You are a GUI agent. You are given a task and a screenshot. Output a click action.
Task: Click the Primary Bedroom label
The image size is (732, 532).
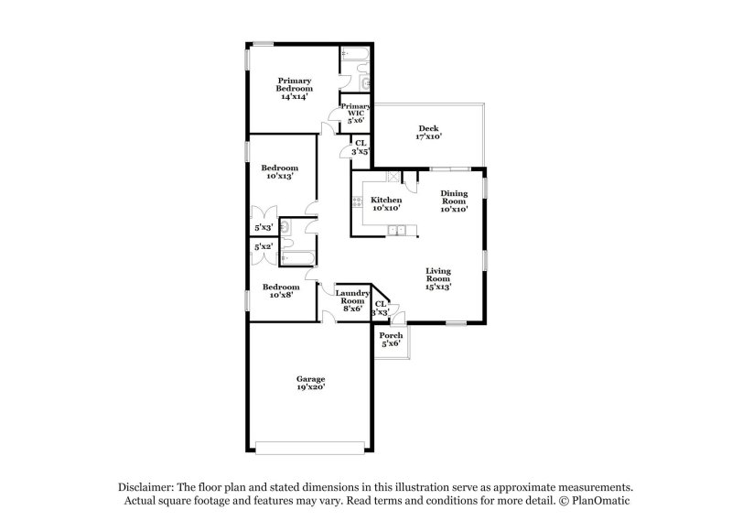(295, 88)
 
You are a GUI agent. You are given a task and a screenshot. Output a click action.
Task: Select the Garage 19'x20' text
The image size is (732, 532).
(310, 383)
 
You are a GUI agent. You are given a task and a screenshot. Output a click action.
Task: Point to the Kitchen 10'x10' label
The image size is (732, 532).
(385, 204)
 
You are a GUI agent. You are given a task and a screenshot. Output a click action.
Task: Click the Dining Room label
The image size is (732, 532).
(454, 201)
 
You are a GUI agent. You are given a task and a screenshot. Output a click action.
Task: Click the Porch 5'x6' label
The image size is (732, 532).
(391, 339)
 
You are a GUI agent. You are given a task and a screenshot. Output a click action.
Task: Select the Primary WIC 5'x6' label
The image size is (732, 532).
(356, 113)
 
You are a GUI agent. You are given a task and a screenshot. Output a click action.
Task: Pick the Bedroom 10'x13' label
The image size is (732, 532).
(279, 172)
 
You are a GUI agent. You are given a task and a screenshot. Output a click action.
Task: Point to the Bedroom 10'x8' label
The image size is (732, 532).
(279, 291)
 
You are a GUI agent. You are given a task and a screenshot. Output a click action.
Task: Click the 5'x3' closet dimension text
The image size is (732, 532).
(264, 227)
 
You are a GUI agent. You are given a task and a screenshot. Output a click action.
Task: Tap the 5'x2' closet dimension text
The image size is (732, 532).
(264, 246)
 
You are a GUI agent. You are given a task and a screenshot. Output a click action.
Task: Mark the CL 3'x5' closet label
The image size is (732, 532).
(361, 147)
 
